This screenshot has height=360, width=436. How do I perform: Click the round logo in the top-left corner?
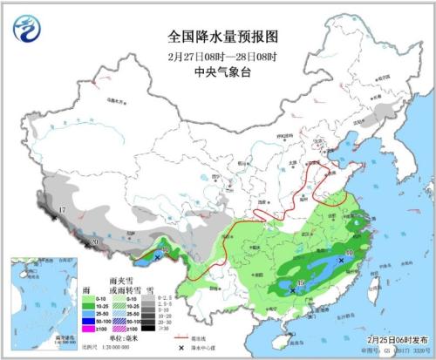27,31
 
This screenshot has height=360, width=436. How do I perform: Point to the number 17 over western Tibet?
62,211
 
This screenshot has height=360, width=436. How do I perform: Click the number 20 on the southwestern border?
95,242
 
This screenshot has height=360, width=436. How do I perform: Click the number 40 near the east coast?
349,254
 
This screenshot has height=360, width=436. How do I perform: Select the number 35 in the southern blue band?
301,282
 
